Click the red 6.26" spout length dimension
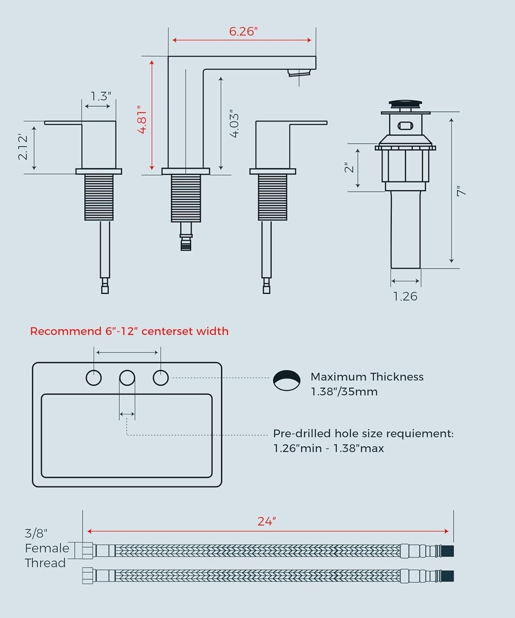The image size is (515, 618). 243,31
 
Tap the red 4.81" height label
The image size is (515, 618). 143,120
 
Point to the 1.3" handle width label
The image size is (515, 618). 101,96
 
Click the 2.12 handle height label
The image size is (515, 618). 23,147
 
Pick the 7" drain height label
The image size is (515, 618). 461,191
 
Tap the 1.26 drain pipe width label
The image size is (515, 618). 405,296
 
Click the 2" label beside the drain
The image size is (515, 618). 349,167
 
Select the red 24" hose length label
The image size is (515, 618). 267,521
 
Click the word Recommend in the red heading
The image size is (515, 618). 66,331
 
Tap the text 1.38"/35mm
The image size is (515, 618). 344,391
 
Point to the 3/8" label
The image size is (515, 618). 36,533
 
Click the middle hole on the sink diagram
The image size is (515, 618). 127,378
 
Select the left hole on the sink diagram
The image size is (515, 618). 94,378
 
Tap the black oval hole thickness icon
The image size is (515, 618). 286,380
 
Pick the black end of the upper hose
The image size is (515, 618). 447,551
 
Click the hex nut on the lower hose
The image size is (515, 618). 88,576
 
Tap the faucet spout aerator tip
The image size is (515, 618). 299,73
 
